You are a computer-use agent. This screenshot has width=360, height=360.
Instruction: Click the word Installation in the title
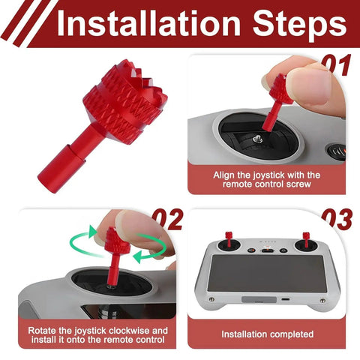click(x=148, y=23)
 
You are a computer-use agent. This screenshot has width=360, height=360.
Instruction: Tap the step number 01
click(x=336, y=65)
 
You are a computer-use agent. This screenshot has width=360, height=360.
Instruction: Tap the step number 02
click(x=168, y=220)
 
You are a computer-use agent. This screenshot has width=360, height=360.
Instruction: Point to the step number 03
click(x=337, y=220)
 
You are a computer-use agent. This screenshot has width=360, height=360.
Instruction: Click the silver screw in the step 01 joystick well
click(x=258, y=138)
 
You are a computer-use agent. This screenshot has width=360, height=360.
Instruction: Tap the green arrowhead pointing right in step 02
click(x=93, y=232)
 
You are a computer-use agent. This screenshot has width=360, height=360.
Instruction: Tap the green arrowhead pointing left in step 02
click(x=137, y=256)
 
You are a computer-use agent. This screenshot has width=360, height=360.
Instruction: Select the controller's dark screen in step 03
click(x=267, y=273)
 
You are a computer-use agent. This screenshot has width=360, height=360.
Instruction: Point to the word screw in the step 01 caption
click(x=298, y=184)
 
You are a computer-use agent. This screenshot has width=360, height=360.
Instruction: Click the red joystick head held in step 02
click(x=117, y=240)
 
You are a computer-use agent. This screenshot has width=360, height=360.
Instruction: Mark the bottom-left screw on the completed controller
click(x=211, y=299)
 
